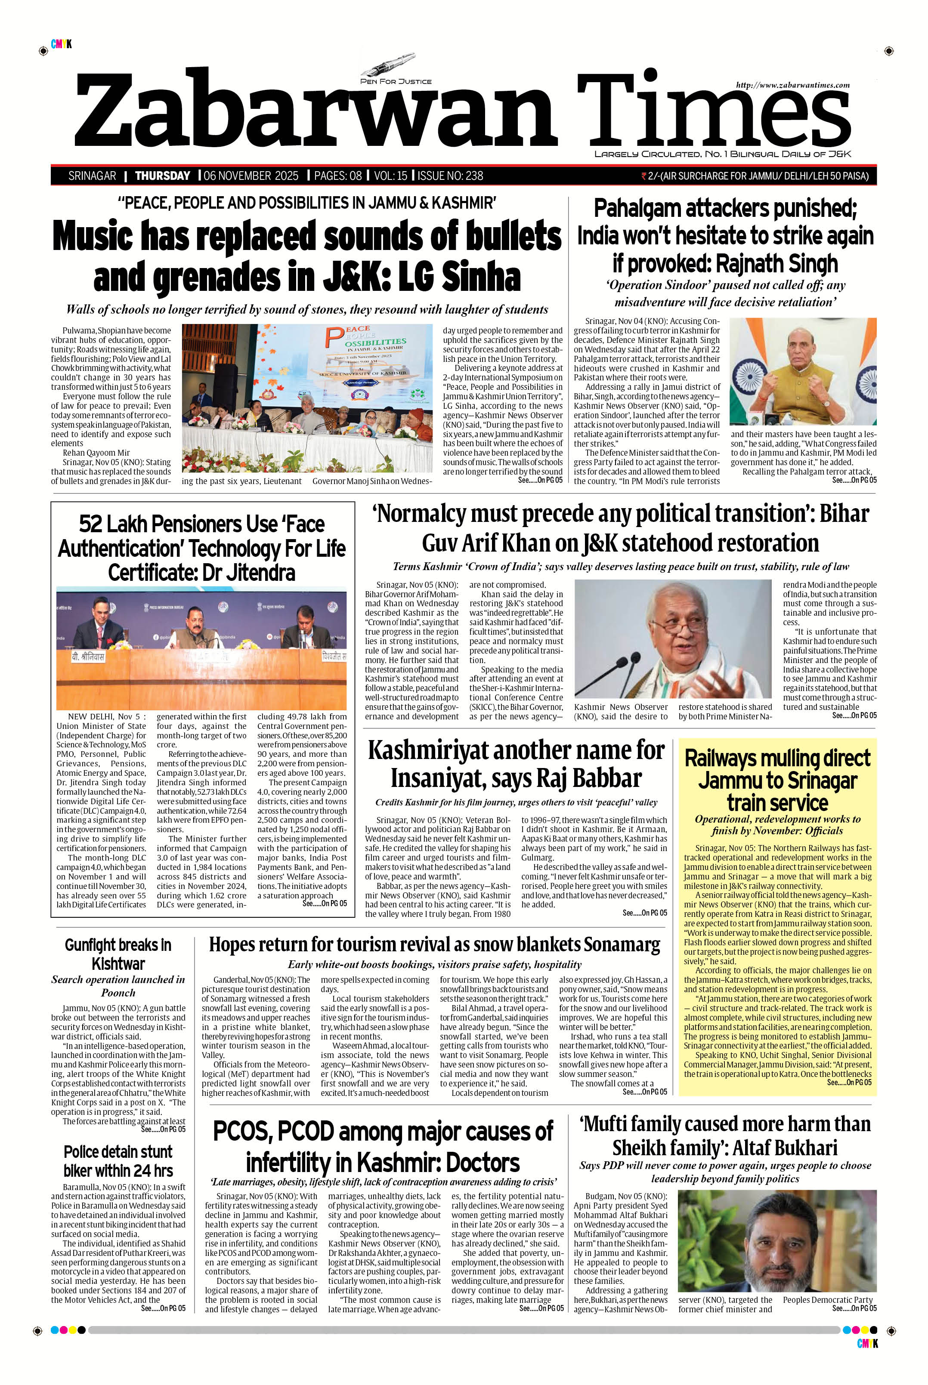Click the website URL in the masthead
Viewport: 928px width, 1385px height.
click(x=792, y=85)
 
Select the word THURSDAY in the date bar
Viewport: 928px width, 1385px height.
click(x=162, y=176)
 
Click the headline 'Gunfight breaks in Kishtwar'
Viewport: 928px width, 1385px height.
click(x=118, y=954)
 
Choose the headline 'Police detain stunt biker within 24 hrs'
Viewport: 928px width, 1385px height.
click(x=118, y=1161)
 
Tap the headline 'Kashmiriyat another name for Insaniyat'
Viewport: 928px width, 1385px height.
click(x=516, y=764)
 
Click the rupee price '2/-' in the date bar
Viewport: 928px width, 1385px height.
click(x=653, y=176)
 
